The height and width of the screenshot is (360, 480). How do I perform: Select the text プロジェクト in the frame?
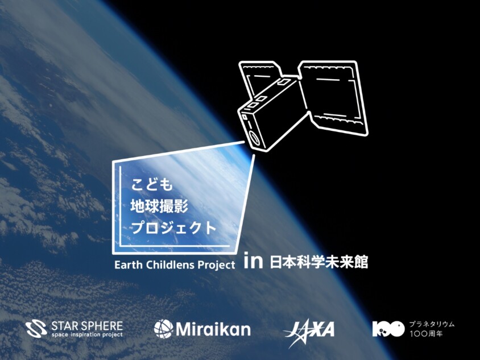[x=174, y=228]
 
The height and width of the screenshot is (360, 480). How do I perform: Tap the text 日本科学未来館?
[x=319, y=262]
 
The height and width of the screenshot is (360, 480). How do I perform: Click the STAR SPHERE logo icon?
[x=36, y=329]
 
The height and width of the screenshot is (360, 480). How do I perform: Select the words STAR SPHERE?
[x=86, y=325]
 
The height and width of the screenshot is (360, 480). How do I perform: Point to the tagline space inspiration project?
[x=86, y=334]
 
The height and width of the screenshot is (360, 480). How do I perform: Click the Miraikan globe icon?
[x=163, y=329]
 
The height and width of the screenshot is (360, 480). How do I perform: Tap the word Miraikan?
[x=213, y=329]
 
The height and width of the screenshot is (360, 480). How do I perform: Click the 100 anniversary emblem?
[x=388, y=329]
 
